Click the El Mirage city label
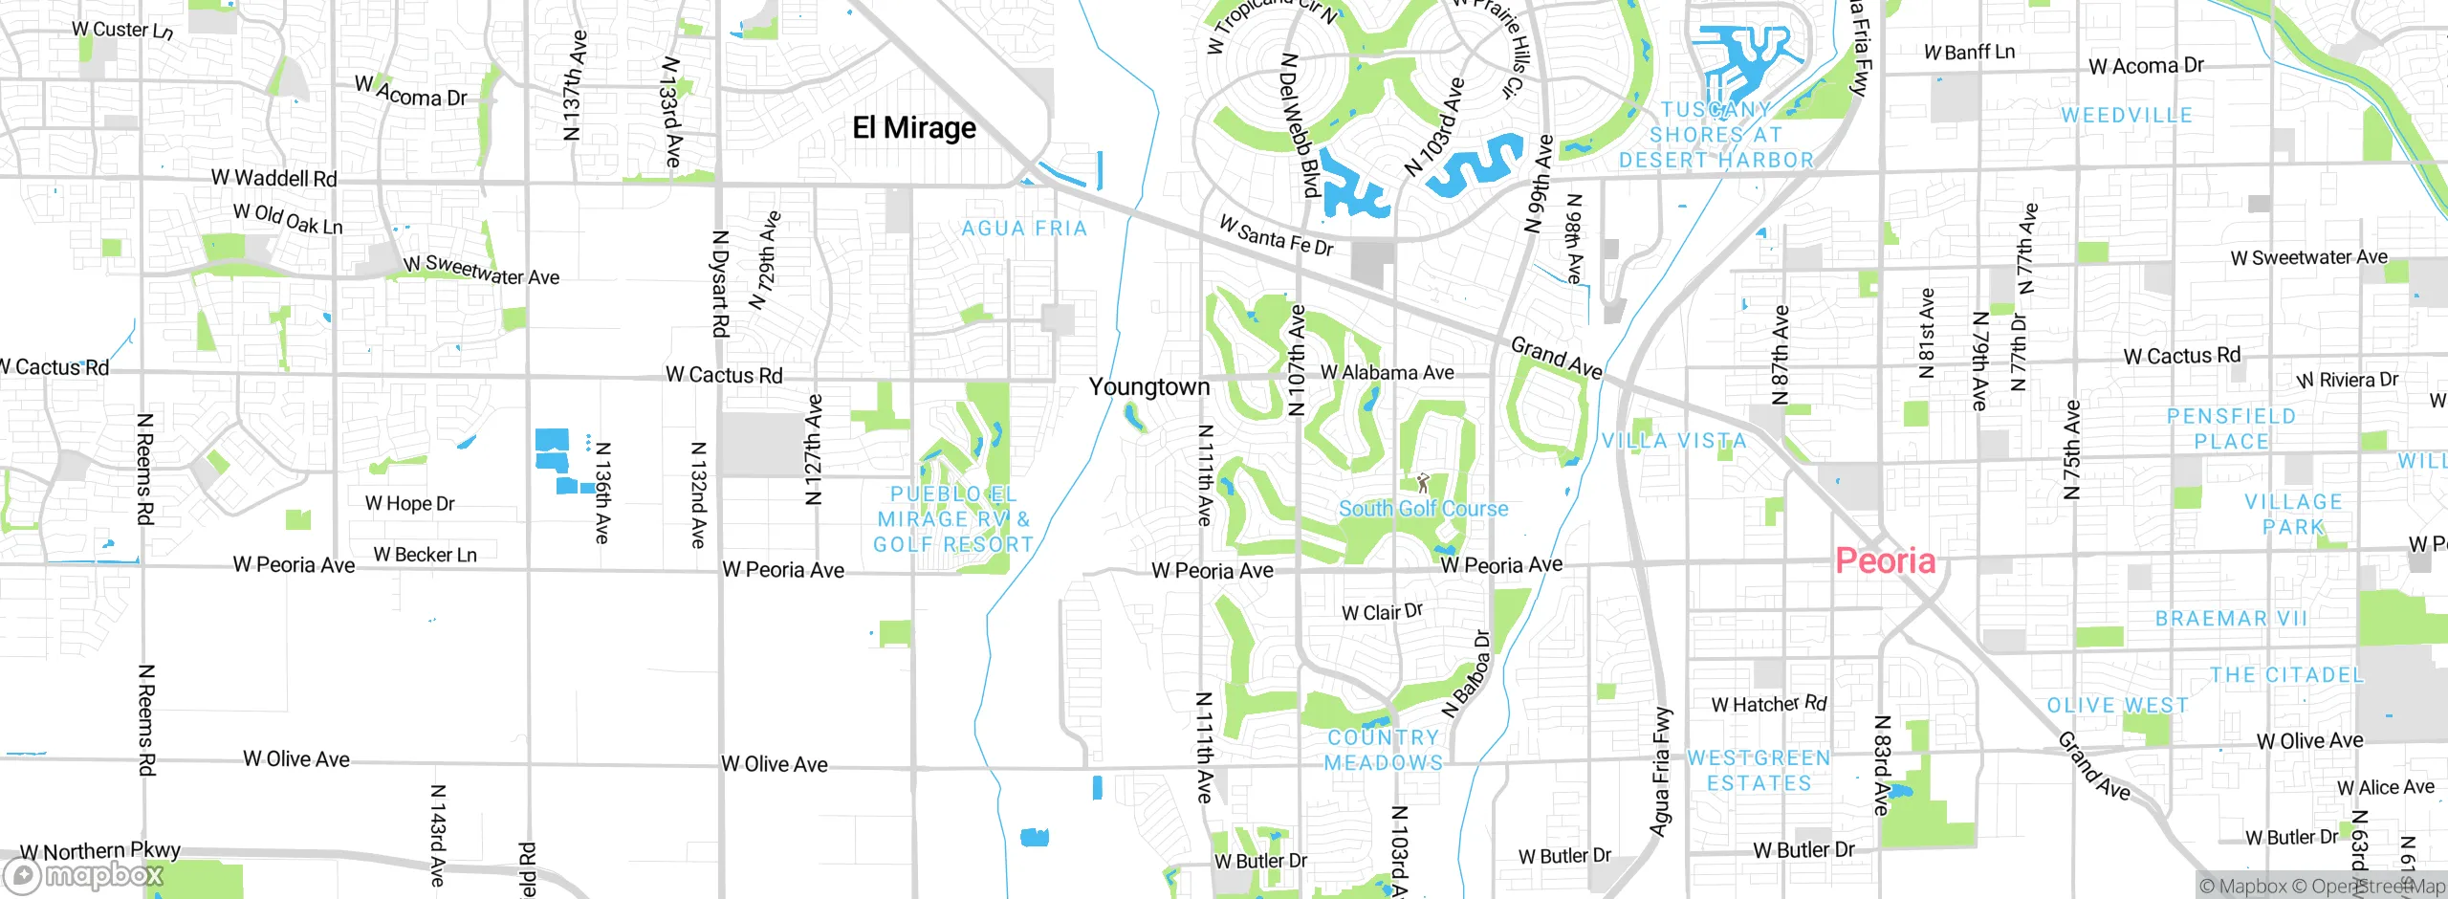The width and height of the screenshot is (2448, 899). (x=914, y=128)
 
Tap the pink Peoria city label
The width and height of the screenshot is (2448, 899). (x=1885, y=560)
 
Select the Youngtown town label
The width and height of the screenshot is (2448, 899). (x=1149, y=386)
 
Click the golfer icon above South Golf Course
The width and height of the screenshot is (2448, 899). (x=1422, y=482)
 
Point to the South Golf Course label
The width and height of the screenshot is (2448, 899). (x=1423, y=509)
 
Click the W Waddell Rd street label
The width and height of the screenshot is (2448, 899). (x=273, y=178)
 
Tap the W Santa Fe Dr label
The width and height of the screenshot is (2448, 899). (x=1276, y=236)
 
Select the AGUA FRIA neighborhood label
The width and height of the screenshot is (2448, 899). (x=1024, y=229)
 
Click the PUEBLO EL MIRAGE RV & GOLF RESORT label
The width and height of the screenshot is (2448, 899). (x=953, y=519)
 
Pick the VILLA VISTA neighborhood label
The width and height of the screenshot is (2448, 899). (x=1674, y=441)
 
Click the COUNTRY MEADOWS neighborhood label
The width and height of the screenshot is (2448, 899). (x=1383, y=750)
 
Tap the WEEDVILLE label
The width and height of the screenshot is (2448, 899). (x=2127, y=116)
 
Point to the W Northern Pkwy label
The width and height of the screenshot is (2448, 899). (x=99, y=850)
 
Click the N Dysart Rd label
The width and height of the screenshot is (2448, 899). (x=720, y=283)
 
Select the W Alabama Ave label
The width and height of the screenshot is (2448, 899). (x=1387, y=372)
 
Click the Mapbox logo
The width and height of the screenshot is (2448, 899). (x=84, y=874)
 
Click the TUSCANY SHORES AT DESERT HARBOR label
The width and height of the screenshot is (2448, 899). (x=1716, y=135)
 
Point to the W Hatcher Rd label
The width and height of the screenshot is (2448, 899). (x=1768, y=705)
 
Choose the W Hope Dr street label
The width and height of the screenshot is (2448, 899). (x=409, y=503)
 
